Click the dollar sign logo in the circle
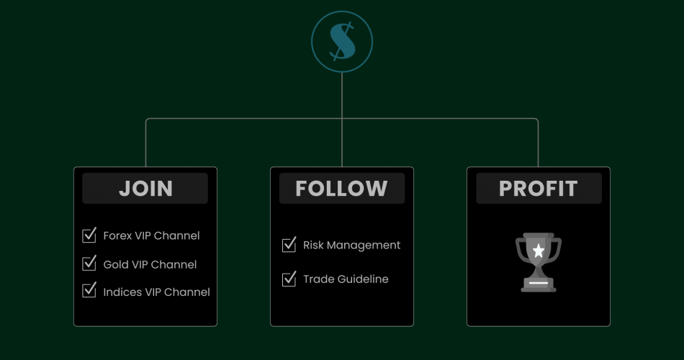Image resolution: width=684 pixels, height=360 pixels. (342, 41)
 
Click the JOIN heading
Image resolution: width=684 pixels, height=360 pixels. (145, 189)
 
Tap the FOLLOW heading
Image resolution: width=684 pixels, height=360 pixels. (341, 189)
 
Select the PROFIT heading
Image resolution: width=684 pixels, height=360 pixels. (538, 189)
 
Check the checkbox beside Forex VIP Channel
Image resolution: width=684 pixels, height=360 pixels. (90, 235)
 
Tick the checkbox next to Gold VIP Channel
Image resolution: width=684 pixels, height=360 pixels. (90, 264)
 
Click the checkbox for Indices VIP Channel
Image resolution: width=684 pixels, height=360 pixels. (90, 291)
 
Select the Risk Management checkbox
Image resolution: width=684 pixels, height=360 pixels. (289, 245)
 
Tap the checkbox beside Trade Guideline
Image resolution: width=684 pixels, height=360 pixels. (289, 279)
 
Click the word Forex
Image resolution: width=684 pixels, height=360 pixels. (118, 235)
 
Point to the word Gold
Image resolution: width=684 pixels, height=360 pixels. (116, 264)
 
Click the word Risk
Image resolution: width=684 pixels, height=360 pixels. (314, 245)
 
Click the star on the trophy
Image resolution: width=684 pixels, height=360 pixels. (539, 251)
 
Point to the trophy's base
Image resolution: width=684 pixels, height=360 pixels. (539, 284)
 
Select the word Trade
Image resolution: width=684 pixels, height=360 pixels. (319, 279)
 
